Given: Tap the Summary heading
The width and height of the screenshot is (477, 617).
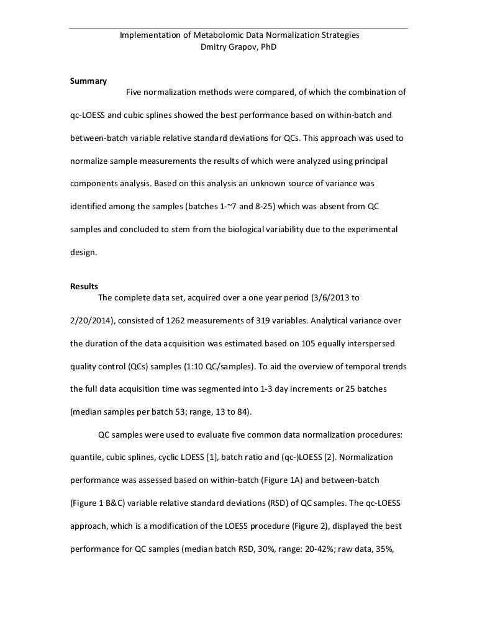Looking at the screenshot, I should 88,81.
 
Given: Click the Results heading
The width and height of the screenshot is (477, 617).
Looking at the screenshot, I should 84,286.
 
